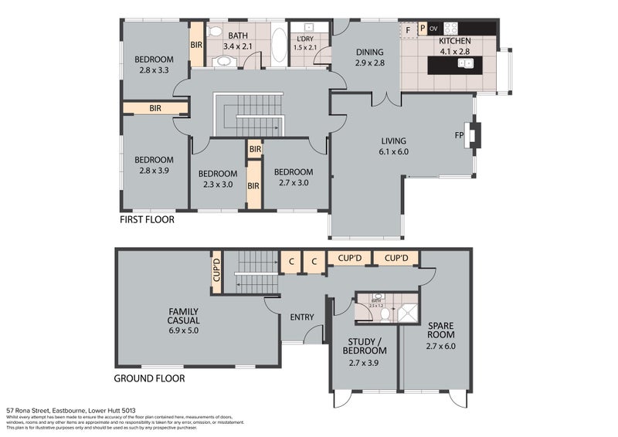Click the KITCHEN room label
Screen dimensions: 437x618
[454, 46]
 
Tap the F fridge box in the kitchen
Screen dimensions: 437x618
[408, 29]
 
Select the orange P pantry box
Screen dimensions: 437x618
[422, 29]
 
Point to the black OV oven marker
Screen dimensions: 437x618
[433, 29]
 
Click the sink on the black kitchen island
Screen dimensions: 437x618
[464, 66]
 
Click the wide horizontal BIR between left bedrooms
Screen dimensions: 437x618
[156, 109]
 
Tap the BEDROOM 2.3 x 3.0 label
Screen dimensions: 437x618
[217, 178]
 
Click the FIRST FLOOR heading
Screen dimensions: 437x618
[147, 220]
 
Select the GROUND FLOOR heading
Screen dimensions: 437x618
[149, 378]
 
